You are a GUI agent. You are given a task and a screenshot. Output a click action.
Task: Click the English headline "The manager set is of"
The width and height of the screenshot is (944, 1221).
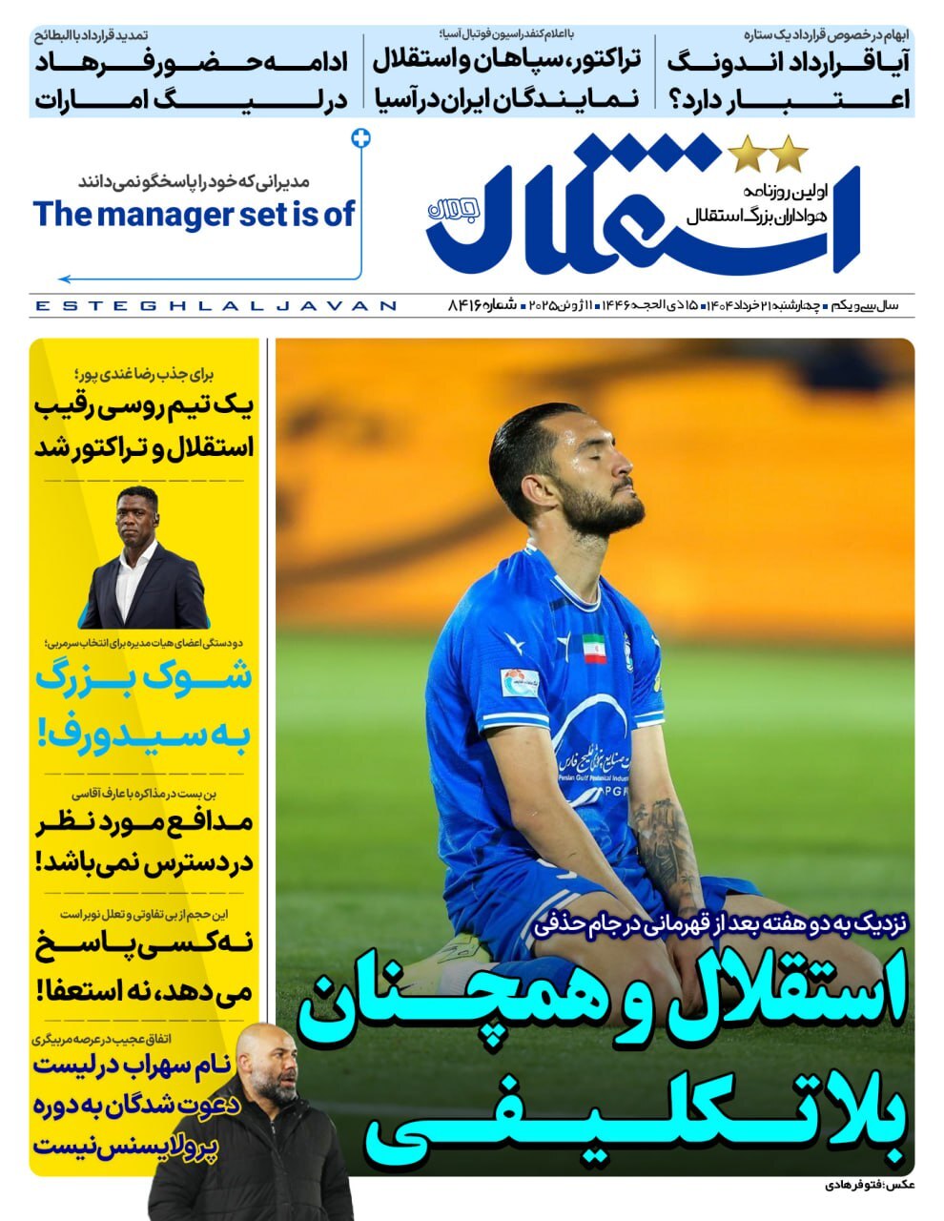tap(194, 214)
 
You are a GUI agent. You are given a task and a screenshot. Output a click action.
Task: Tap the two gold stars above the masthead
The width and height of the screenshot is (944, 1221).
tap(769, 152)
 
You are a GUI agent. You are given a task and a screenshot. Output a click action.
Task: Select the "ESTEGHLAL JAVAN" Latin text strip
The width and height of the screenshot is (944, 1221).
tap(215, 306)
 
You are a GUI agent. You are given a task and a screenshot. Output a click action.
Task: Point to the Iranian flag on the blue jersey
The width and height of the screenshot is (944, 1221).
tap(593, 648)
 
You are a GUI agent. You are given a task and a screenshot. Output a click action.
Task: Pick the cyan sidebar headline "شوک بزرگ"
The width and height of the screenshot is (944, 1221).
tap(144, 678)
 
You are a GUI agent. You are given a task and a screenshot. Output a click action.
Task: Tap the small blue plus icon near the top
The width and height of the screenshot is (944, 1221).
tap(360, 137)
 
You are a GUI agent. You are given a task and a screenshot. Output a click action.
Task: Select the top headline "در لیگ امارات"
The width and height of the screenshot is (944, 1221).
tap(191, 97)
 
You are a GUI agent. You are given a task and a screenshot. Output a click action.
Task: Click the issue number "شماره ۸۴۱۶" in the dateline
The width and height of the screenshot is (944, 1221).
tap(482, 305)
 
